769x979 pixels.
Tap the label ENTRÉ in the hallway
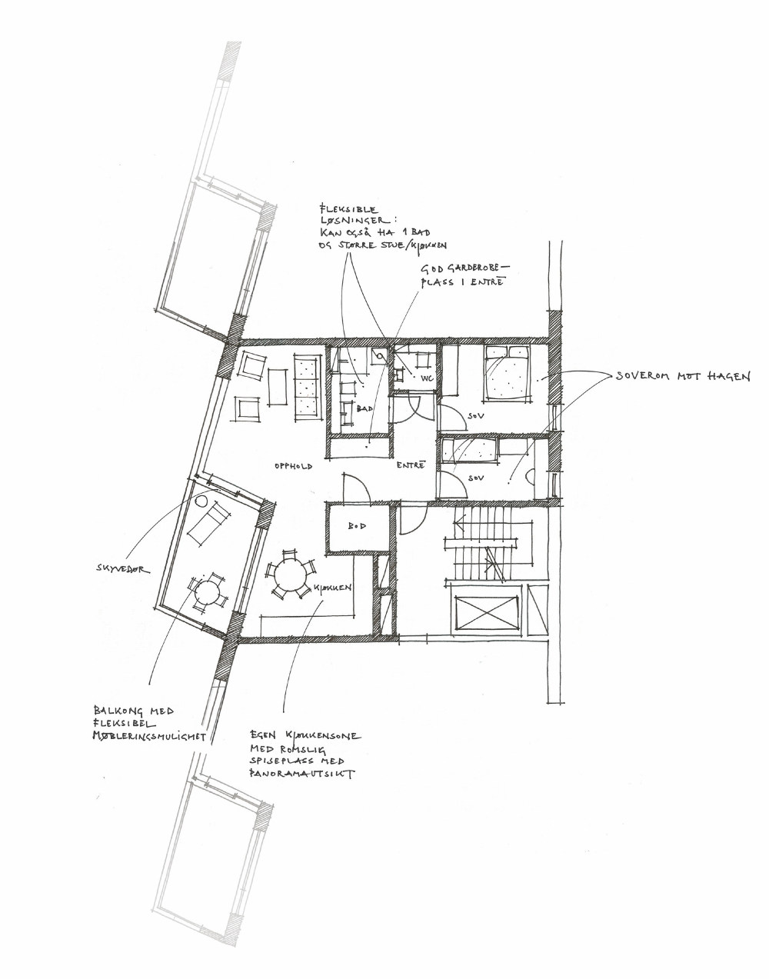[411, 465]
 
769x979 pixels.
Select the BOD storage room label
[356, 527]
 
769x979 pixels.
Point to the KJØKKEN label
[333, 588]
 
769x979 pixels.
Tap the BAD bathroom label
[365, 408]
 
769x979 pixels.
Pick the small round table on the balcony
[207, 591]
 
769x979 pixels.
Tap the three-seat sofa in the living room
[306, 386]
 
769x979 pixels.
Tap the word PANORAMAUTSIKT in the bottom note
[301, 775]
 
